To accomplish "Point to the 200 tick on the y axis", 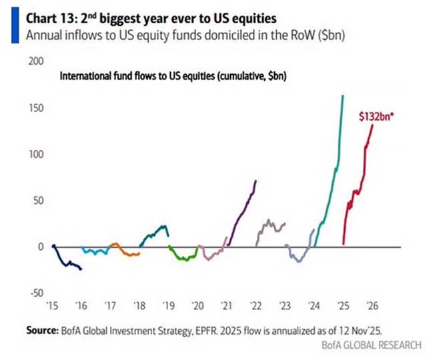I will [36, 61].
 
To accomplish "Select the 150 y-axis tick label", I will [36, 107].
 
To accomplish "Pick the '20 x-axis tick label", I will [197, 306].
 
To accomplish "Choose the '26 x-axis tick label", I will [373, 306].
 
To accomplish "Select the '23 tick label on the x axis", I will [285, 306].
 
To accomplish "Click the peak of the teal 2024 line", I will [342, 96].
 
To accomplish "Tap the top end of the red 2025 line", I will [372, 125].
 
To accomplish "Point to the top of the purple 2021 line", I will [256, 181].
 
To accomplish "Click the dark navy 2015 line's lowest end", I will [81, 269].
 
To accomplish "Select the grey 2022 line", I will [270, 227].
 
